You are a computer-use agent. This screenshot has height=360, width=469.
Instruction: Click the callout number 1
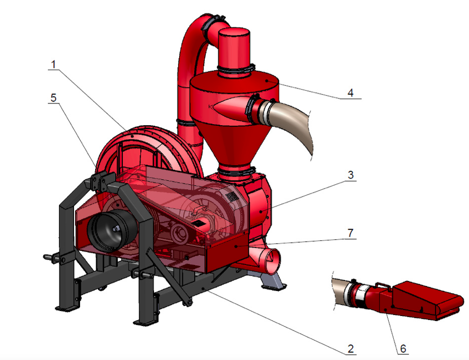(53, 65)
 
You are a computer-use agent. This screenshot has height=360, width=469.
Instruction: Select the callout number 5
(53, 98)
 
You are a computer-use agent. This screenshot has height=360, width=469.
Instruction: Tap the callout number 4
(350, 93)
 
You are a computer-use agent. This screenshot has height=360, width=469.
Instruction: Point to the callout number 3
(351, 175)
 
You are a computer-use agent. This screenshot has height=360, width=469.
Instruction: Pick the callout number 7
(350, 233)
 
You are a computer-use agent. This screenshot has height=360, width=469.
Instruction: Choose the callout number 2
(350, 348)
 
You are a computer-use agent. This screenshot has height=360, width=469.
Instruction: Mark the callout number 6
(403, 349)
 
